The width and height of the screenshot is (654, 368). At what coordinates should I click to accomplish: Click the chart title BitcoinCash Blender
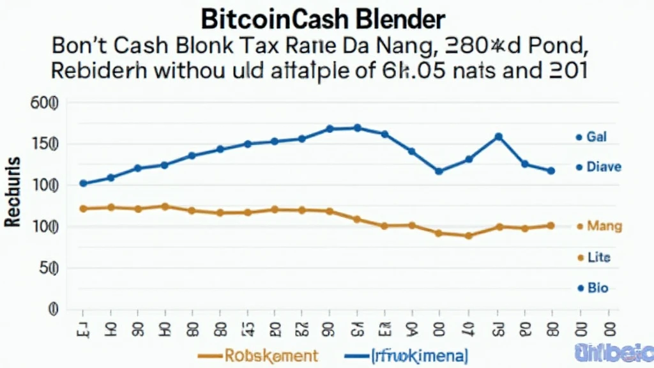322,19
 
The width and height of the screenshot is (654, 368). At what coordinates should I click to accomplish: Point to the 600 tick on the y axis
44,103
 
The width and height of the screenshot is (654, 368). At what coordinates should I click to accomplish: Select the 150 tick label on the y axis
44,144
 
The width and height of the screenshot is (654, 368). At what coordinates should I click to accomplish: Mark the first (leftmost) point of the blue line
83,183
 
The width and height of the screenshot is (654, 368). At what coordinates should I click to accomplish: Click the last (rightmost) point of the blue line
551,171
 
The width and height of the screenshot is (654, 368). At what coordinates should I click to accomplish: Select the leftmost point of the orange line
83,209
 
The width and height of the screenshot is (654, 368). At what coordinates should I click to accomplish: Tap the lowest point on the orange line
469,236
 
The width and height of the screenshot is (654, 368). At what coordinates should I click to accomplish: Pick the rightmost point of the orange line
551,226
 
